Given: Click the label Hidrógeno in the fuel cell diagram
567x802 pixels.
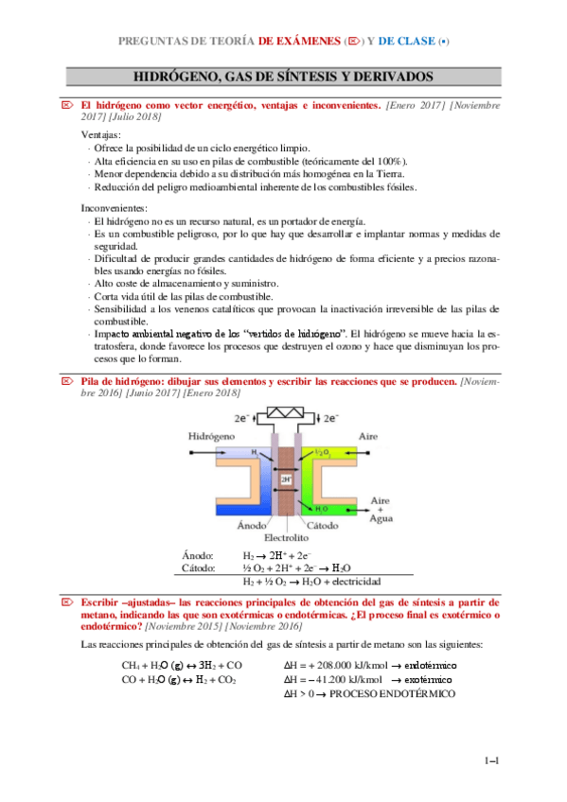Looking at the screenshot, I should point(210,439).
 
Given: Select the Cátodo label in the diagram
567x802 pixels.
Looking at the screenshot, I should point(326,525).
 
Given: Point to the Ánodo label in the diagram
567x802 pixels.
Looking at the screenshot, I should point(252,525).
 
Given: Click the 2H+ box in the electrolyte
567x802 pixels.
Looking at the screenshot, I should point(287,479).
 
